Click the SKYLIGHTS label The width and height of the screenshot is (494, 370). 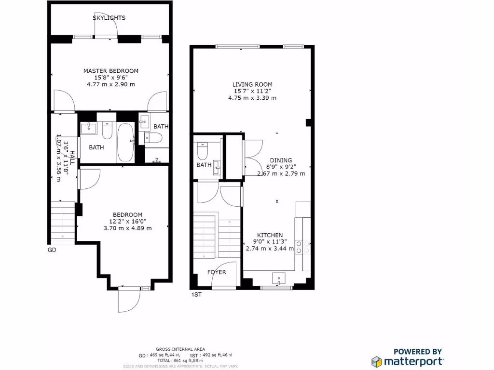tap(109, 18)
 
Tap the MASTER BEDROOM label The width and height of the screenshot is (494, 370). tap(110, 71)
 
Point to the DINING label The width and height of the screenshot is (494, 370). tap(281, 160)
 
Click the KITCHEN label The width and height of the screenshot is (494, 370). tap(270, 235)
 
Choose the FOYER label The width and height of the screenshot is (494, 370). tap(217, 272)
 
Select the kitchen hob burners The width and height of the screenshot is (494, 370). tap(299, 247)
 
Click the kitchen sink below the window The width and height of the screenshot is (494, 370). tap(279, 279)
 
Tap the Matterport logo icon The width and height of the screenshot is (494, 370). tap(376, 361)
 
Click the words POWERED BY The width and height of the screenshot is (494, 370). tap(418, 352)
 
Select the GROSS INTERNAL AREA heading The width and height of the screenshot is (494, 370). tap(180, 349)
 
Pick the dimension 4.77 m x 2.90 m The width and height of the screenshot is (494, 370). tap(110, 84)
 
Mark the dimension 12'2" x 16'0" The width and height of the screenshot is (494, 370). tap(128, 222)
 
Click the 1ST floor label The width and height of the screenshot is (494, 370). tap(196, 294)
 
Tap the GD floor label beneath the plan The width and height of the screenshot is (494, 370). tap(52, 250)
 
